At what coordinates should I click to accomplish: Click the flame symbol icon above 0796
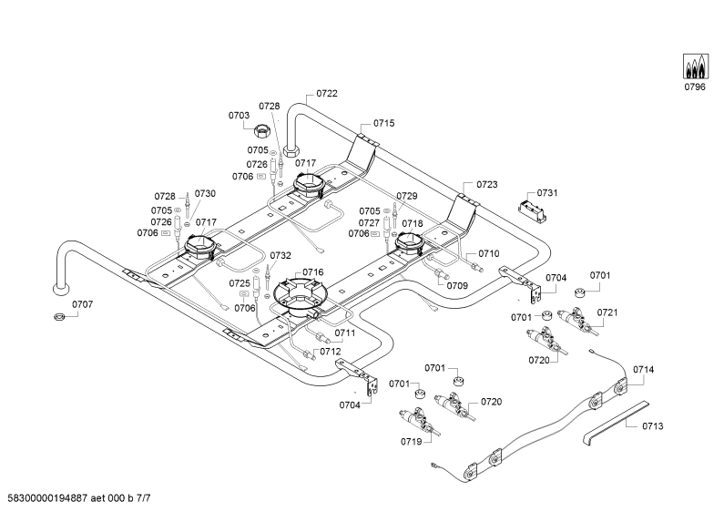[x=696, y=67]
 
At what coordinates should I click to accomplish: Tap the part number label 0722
[x=327, y=93]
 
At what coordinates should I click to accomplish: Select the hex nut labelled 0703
[x=262, y=131]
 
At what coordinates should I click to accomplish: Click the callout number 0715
[x=384, y=123]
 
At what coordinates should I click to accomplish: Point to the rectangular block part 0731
[x=533, y=210]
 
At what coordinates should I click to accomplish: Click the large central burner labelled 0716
[x=301, y=297]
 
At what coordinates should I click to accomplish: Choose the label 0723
[x=487, y=184]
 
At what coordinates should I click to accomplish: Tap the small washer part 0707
[x=58, y=317]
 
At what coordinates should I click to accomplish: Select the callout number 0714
[x=644, y=369]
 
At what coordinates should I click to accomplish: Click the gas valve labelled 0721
[x=577, y=321]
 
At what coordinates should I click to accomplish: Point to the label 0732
[x=280, y=255]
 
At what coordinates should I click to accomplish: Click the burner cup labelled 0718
[x=409, y=243]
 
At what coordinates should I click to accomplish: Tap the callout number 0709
[x=457, y=285]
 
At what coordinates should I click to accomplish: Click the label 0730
[x=205, y=194]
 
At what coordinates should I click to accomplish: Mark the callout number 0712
[x=331, y=352]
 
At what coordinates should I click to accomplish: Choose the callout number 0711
[x=345, y=333]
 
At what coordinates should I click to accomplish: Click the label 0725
[x=240, y=283]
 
